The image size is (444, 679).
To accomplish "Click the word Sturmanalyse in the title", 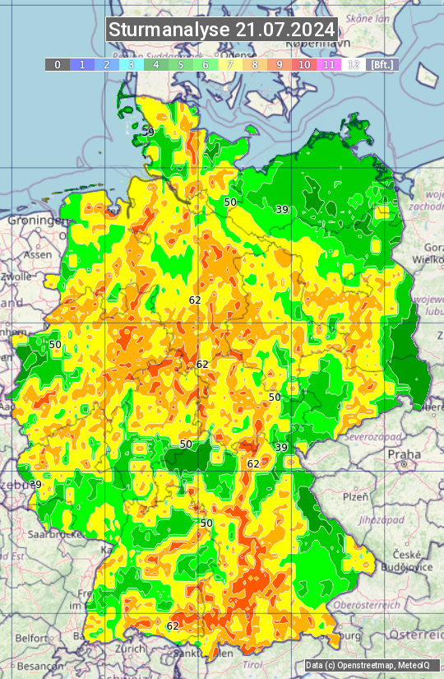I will coord(169,30).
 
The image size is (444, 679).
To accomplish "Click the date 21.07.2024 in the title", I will coord(285,30).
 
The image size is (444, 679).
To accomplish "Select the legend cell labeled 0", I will coord(57,64).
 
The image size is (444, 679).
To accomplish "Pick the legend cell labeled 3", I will coord(131,64).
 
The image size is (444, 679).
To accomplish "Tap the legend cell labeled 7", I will coord(230,64).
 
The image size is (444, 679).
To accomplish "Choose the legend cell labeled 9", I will coord(280,64).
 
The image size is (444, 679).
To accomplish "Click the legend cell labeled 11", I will coord(329,64).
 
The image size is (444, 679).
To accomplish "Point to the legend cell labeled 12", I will coord(354,64).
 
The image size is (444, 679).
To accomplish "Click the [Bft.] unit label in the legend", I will coord(382,64).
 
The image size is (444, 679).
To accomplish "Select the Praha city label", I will coord(404,454).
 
